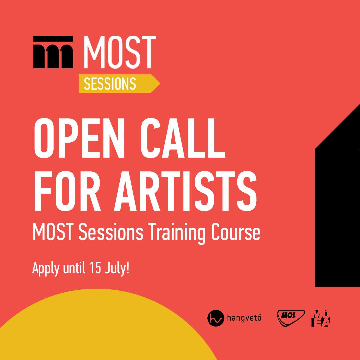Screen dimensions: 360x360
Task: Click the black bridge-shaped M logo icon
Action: (53, 52)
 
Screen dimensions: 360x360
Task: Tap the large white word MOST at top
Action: (120, 52)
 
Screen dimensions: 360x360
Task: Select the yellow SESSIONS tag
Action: (119, 84)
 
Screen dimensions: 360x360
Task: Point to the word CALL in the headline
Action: (183, 138)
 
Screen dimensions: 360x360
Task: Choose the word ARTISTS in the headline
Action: (185, 191)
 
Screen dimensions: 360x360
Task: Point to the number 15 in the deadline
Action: (96, 267)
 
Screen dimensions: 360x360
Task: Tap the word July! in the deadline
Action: (117, 268)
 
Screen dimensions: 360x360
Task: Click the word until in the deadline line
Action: (74, 267)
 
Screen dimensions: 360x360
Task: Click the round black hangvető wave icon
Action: (216, 318)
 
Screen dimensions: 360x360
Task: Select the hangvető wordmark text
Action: (244, 318)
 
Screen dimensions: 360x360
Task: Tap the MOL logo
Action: (291, 318)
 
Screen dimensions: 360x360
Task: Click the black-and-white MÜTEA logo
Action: (321, 318)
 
